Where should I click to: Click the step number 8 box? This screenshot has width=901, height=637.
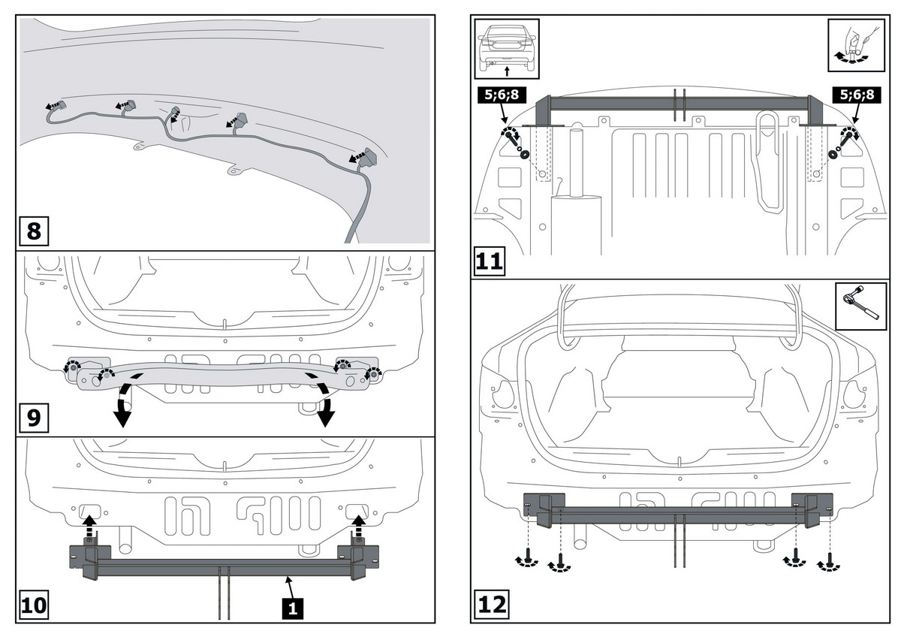coord(34,230)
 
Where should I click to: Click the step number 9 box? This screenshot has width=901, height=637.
coord(34,418)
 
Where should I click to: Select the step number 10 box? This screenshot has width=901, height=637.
coord(34,605)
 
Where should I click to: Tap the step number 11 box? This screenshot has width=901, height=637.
coord(490,262)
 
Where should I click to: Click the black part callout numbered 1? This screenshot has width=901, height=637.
coord(294,607)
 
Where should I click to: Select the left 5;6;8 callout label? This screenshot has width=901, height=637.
coord(499,95)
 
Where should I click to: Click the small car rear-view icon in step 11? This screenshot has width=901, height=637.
coord(506,47)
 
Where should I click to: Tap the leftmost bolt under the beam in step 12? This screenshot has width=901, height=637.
coord(529,559)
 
